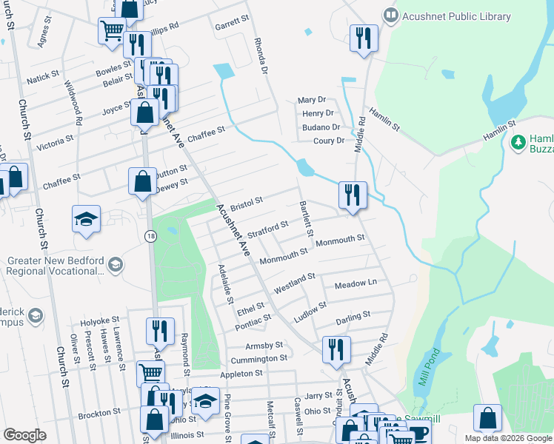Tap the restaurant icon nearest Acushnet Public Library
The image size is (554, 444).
(364, 39)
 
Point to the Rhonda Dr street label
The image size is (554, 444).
(259, 56)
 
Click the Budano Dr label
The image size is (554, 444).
(321, 127)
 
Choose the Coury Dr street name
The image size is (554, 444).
(329, 141)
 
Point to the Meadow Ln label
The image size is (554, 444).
(356, 284)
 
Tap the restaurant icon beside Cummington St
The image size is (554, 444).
(336, 350)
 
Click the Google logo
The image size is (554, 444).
(24, 435)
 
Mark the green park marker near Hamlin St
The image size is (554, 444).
(518, 141)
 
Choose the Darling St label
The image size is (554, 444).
(353, 315)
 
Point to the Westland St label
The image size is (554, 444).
(295, 281)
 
